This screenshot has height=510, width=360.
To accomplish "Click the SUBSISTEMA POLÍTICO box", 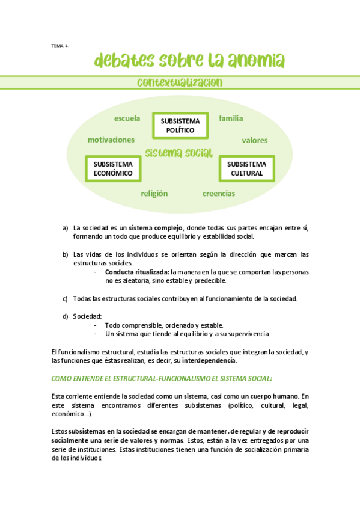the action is click(x=180, y=125).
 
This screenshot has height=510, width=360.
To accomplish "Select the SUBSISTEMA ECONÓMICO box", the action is click(x=113, y=168).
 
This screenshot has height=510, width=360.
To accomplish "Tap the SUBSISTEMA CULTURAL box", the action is click(x=246, y=168).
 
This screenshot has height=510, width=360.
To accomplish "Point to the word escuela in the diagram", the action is click(x=127, y=118).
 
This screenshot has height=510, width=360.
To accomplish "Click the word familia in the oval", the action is click(x=230, y=118).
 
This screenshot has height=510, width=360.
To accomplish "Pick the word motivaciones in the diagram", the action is click(x=111, y=140).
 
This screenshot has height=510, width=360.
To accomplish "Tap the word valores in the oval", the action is click(x=255, y=140).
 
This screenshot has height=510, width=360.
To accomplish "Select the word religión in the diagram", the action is click(x=154, y=194).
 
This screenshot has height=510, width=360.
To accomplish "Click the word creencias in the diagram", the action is click(x=219, y=194).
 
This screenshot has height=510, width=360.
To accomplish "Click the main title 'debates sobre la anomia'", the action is click(x=189, y=61).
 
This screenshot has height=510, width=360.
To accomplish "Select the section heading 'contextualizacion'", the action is click(x=180, y=82).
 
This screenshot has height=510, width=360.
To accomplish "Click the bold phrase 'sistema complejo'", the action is click(x=155, y=228).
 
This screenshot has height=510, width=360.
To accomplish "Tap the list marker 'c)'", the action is click(x=65, y=298).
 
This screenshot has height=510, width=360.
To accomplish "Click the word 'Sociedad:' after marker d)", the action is click(x=87, y=316).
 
